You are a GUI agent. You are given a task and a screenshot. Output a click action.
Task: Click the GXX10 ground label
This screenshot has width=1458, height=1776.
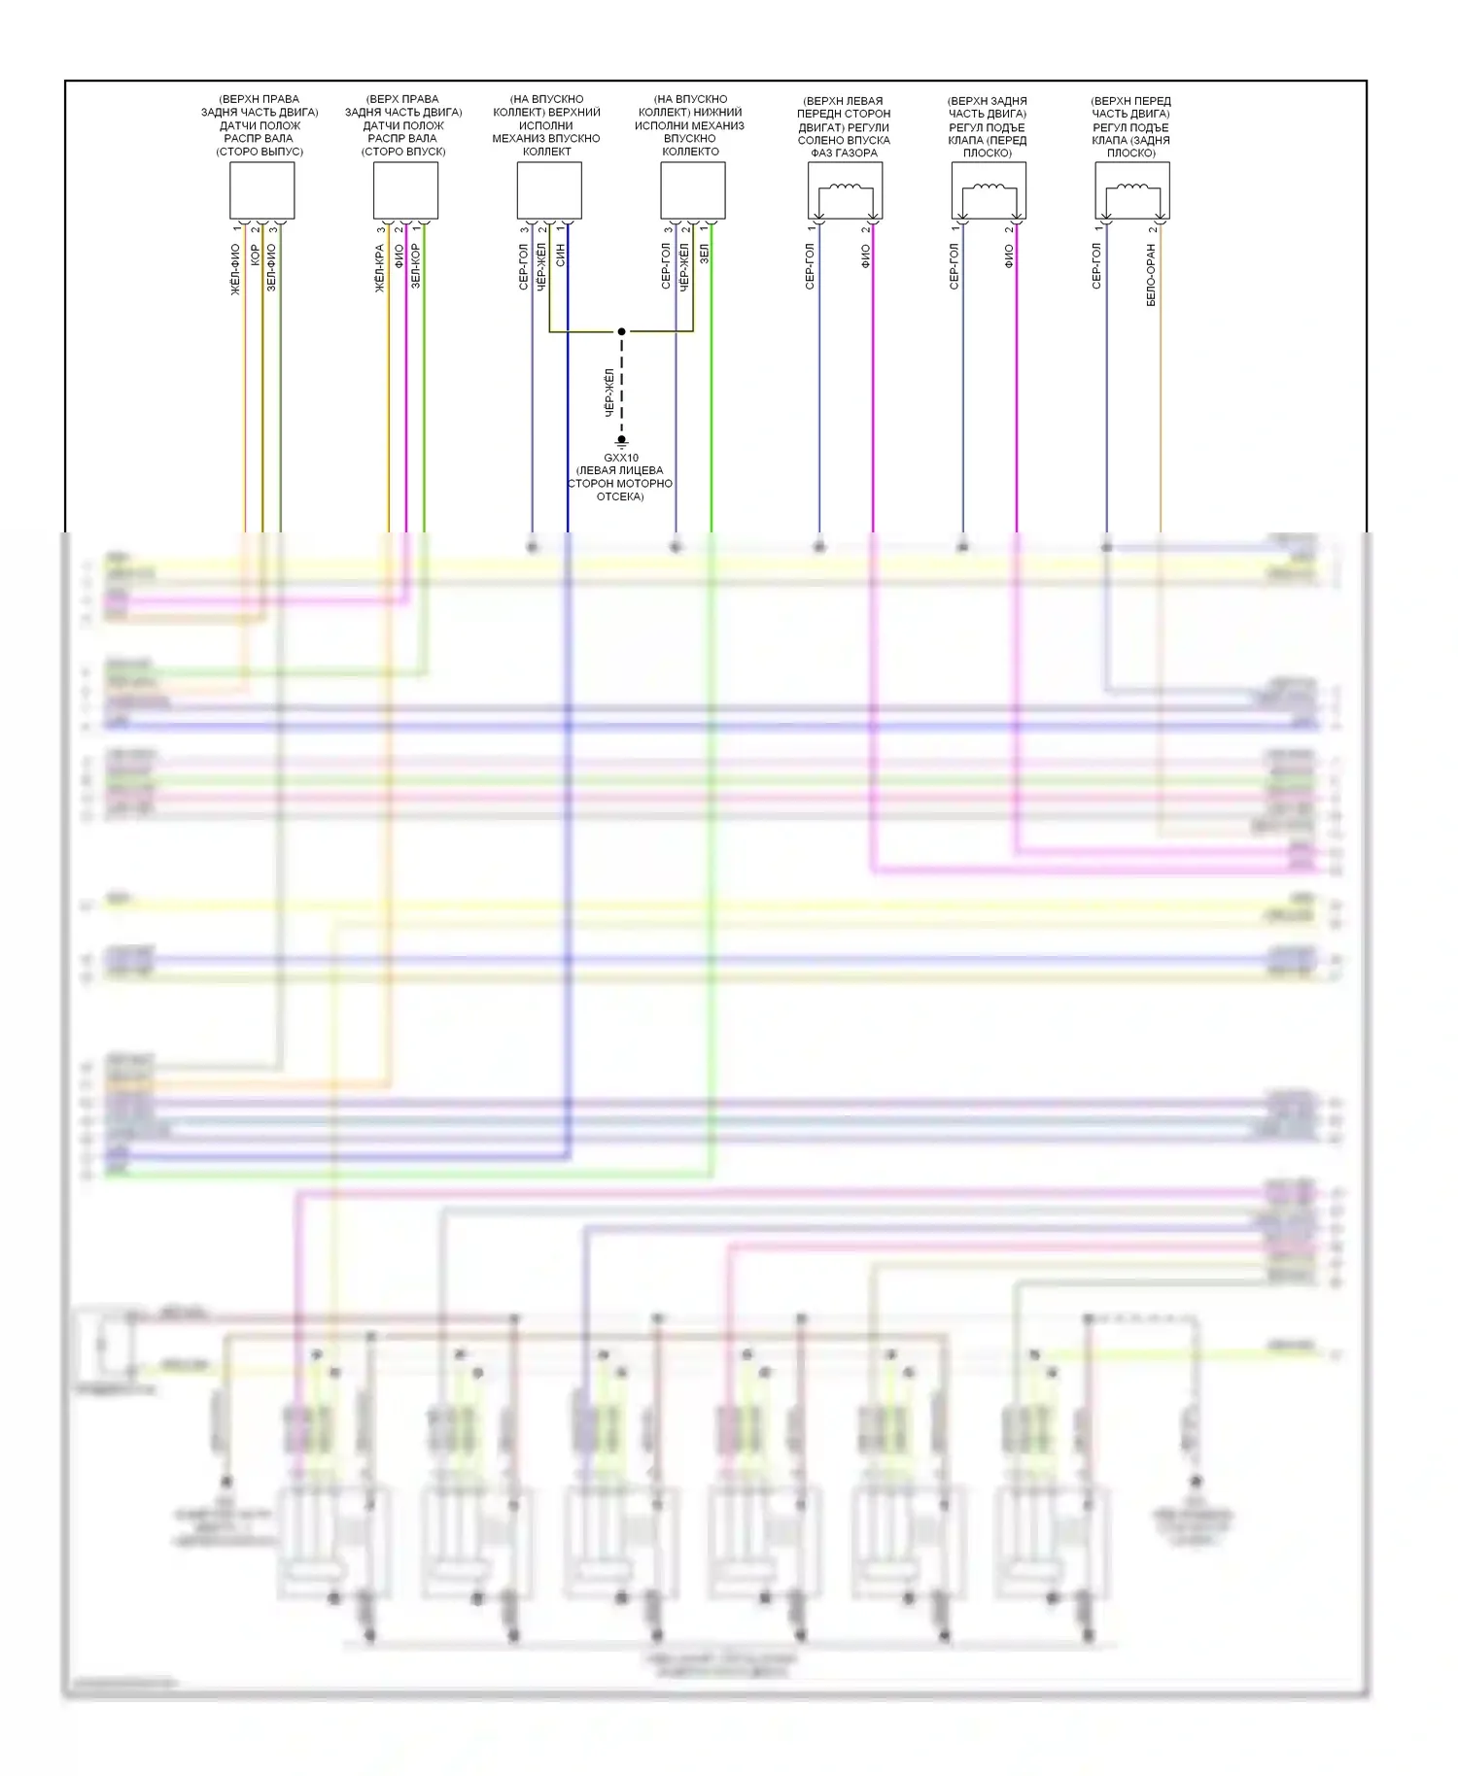[x=621, y=458]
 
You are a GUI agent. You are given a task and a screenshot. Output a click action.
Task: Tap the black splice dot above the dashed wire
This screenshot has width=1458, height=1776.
[x=622, y=331]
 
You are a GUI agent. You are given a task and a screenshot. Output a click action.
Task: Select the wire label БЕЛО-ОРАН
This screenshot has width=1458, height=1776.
[x=1152, y=275]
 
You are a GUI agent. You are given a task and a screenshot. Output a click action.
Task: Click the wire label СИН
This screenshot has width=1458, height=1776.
[x=561, y=256]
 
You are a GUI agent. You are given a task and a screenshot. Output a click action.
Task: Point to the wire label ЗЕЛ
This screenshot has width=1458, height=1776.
[x=705, y=254]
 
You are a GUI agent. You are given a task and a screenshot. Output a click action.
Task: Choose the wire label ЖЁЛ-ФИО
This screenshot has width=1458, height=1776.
[x=235, y=269]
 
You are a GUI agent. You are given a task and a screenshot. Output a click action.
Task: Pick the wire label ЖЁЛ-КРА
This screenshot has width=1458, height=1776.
[x=379, y=268]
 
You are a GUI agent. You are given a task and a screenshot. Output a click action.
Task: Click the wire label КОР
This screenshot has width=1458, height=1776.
[x=255, y=256]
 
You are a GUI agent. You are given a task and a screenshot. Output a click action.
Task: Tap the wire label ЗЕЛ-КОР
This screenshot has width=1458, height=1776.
[x=416, y=265]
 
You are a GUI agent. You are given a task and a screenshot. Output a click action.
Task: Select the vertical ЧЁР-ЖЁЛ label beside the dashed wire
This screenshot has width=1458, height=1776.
[x=609, y=393]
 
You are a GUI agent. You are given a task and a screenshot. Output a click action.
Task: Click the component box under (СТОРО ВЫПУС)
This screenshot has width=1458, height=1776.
[x=261, y=190]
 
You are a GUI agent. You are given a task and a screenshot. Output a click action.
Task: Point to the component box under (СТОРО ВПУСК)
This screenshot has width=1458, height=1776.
[x=405, y=190]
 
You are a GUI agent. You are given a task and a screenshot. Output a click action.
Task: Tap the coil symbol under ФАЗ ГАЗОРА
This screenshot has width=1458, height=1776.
[x=845, y=189]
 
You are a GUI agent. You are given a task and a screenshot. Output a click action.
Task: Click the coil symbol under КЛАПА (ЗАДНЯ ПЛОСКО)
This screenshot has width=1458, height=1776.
[x=1132, y=189]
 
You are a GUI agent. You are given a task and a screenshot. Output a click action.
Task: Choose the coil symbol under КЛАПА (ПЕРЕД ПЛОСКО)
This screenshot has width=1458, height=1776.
[x=989, y=189]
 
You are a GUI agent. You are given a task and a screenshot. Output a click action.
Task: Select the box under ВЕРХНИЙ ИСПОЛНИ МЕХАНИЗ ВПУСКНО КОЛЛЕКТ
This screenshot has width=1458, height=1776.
[x=549, y=190]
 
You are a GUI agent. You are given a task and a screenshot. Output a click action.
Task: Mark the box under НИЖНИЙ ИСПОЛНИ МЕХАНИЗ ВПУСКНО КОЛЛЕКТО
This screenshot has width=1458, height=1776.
[x=693, y=190]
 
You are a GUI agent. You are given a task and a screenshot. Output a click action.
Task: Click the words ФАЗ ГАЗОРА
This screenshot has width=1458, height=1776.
[x=844, y=153]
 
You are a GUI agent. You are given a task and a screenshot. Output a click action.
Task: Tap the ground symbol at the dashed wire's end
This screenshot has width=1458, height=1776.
[x=622, y=442]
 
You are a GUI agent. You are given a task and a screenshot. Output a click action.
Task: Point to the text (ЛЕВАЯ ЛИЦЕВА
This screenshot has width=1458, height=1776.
[x=620, y=470]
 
